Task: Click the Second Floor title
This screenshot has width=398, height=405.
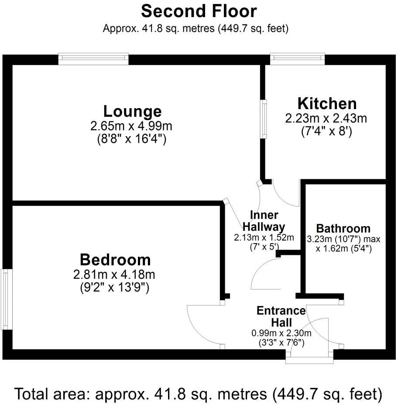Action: point(199,11)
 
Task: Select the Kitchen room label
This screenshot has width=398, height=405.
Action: point(327,103)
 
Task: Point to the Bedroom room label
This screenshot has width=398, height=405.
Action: point(115,260)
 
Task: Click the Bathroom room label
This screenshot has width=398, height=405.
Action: point(343,228)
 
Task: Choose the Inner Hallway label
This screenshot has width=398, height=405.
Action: point(264,221)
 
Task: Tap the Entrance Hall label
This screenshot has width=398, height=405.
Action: point(281,316)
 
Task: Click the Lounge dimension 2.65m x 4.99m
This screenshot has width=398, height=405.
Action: point(131,127)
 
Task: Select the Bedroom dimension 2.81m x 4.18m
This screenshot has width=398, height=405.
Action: point(115,275)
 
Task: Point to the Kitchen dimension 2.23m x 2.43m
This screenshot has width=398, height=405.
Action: point(326,118)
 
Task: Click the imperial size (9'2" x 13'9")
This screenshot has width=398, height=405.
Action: point(115,288)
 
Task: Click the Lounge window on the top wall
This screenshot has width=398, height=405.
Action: point(93,59)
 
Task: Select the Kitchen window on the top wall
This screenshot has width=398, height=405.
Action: point(297,59)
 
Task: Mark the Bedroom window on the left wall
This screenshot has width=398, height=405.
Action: point(5,299)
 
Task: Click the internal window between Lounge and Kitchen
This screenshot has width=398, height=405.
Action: point(264,119)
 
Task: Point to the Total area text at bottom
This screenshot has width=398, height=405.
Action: point(199,394)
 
